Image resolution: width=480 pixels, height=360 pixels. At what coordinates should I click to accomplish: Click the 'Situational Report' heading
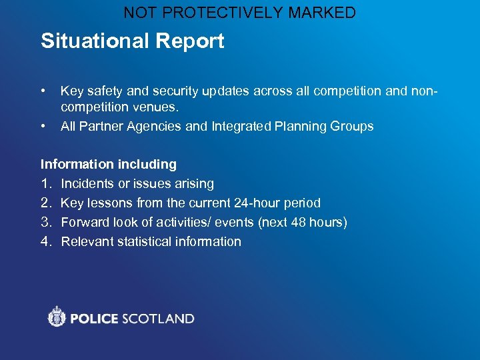(x=132, y=41)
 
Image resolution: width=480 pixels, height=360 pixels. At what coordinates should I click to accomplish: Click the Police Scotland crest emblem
(x=57, y=317)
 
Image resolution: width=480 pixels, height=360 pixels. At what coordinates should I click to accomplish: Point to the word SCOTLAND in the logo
(x=157, y=319)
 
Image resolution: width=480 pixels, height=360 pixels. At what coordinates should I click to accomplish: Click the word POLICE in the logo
(x=93, y=319)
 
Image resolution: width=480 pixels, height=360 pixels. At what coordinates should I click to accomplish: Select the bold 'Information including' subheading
(x=109, y=164)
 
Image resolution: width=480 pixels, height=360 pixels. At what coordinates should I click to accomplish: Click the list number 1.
(x=45, y=183)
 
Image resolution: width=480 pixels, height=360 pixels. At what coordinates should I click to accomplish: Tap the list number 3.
(x=46, y=222)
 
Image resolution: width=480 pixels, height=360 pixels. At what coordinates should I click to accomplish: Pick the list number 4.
(x=46, y=241)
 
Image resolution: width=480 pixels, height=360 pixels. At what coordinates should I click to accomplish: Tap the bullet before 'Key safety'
(x=43, y=89)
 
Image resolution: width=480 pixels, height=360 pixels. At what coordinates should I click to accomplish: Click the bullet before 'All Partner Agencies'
(x=43, y=125)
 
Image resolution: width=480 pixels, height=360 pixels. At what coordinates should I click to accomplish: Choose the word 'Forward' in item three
(x=86, y=222)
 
